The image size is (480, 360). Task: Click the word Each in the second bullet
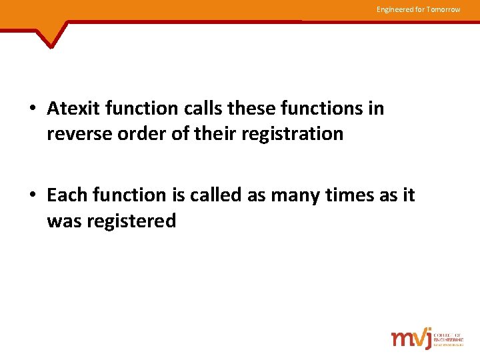(x=67, y=195)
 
